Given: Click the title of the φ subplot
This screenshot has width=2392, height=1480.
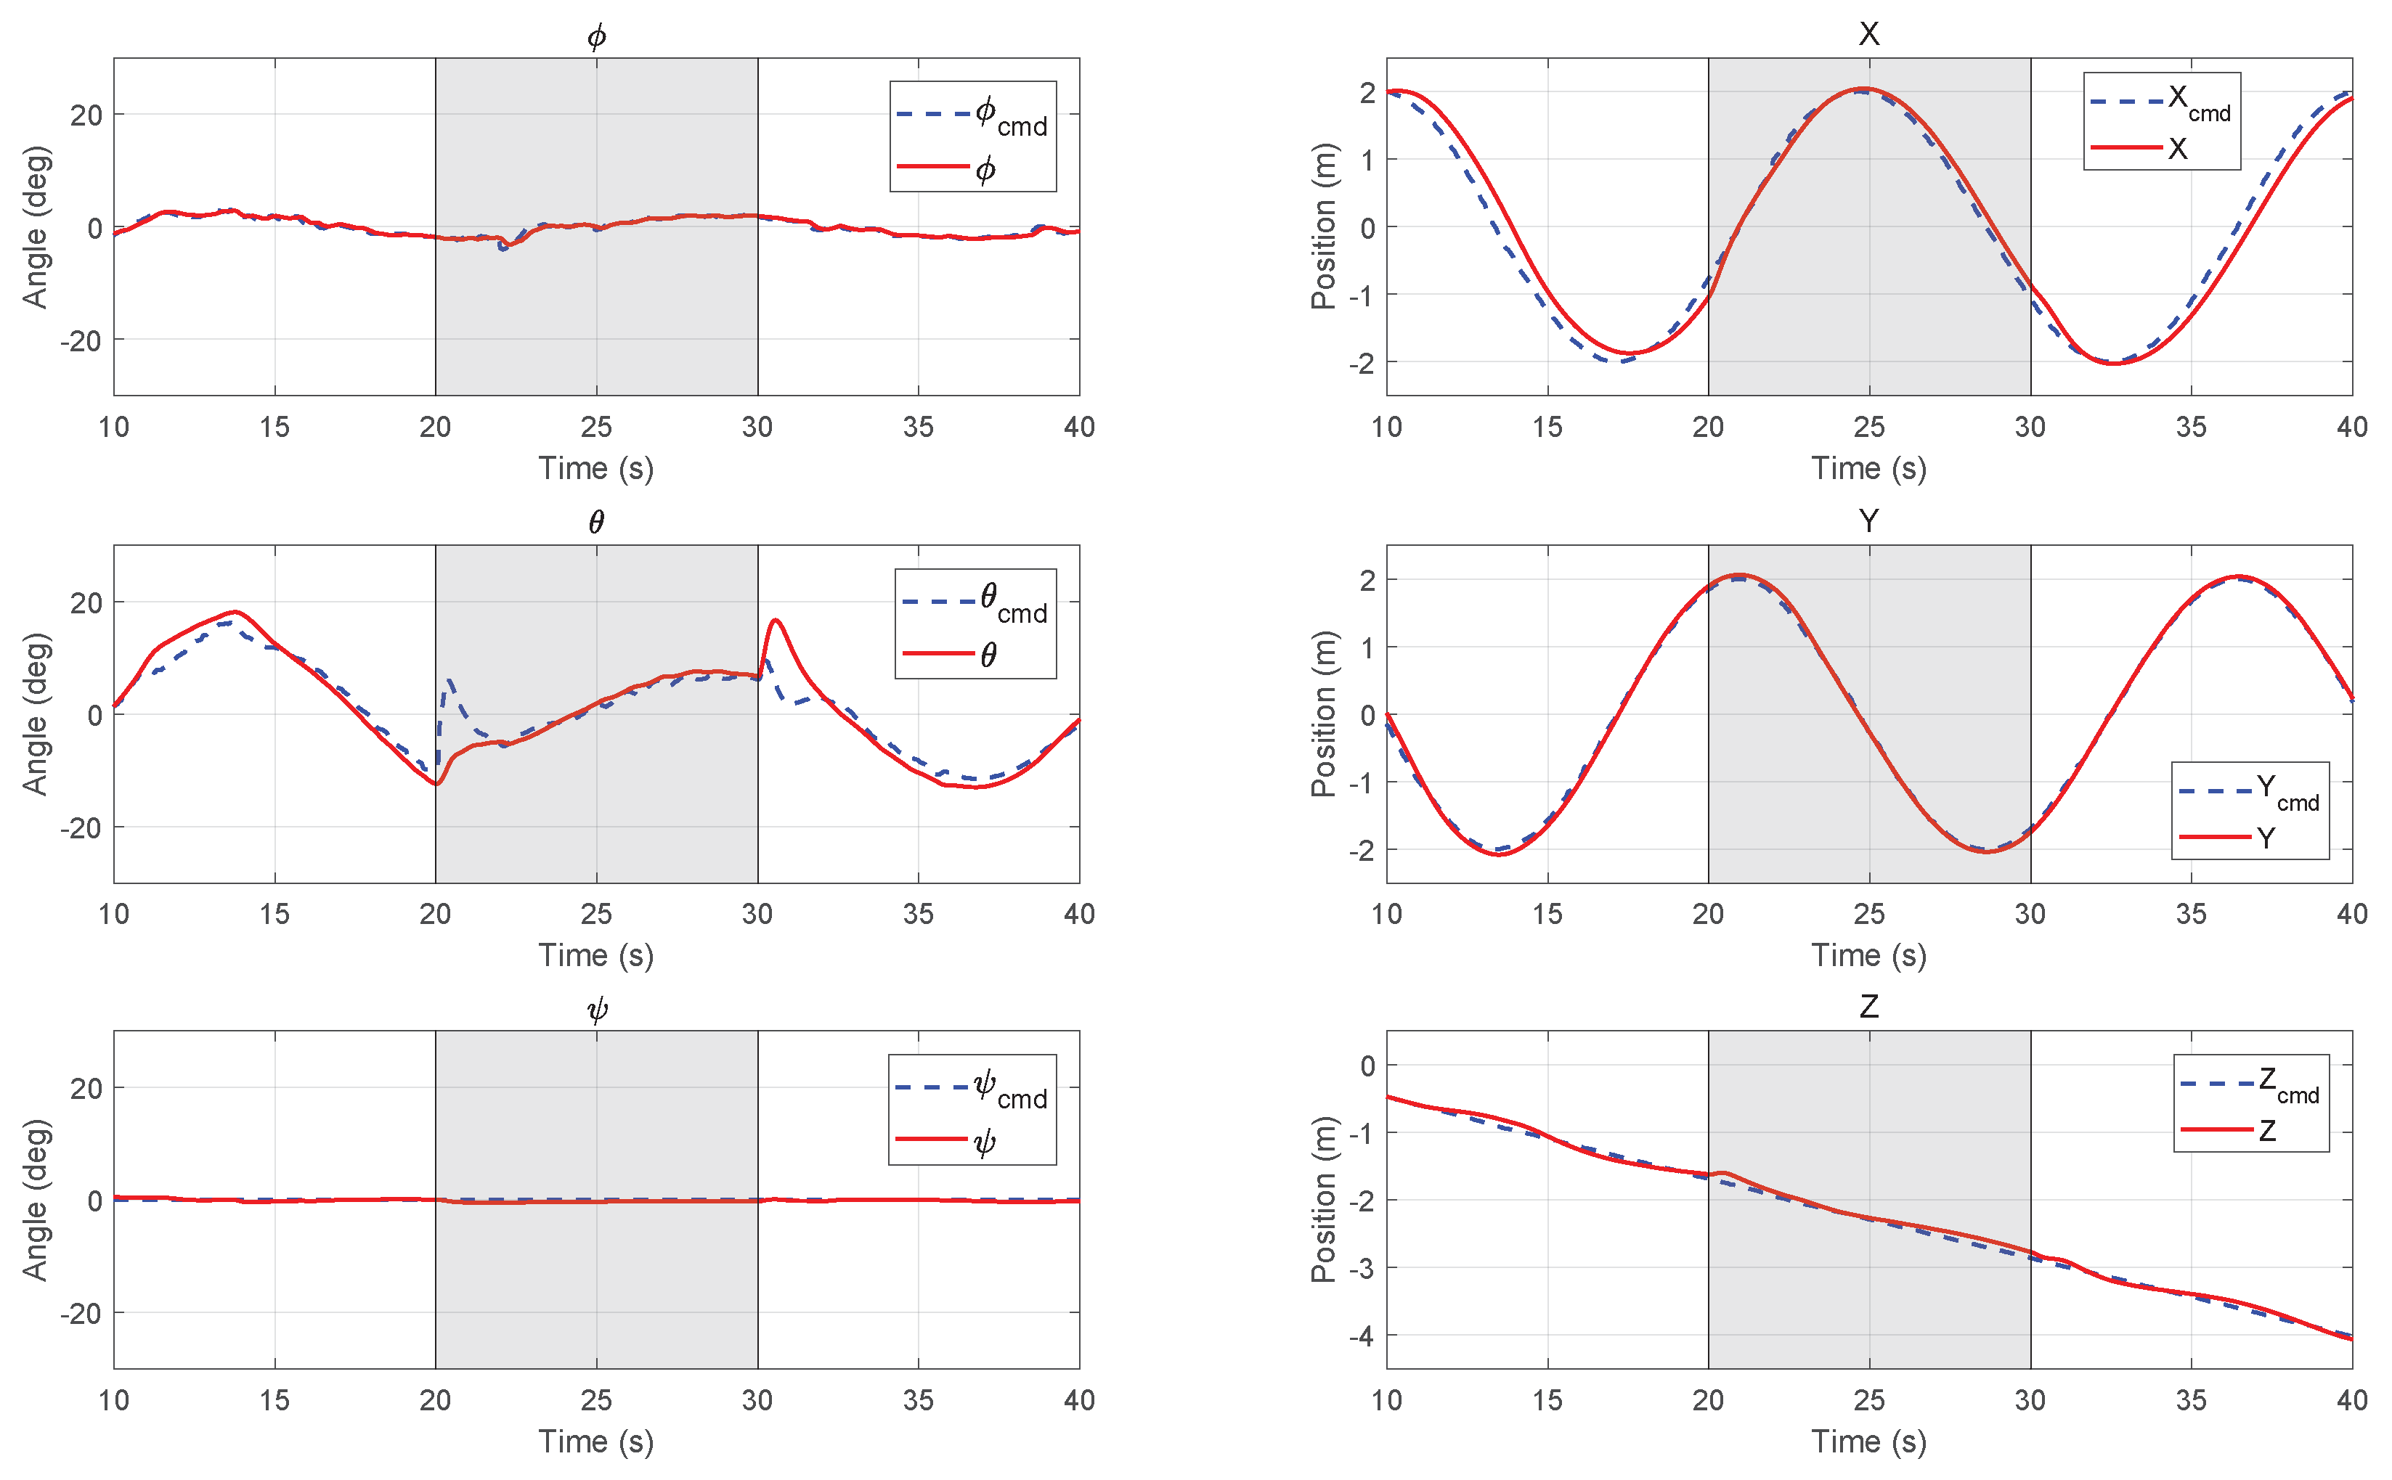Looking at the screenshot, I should pos(596,36).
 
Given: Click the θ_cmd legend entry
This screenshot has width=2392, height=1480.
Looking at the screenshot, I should pos(975,601).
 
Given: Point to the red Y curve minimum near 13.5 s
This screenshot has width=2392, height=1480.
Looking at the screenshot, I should pos(1499,854).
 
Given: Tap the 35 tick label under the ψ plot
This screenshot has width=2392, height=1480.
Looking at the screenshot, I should pos(917,1399).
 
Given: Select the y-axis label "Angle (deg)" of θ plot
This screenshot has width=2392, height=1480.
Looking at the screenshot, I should pos(36,714).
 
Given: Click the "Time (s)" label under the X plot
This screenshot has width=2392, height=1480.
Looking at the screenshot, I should pos(1868,468).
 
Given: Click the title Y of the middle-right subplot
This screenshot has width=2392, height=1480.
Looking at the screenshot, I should pos(1868,520).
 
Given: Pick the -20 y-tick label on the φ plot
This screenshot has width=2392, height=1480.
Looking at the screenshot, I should pos(81,340).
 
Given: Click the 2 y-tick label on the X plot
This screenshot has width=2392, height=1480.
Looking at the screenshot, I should pos(1367,92).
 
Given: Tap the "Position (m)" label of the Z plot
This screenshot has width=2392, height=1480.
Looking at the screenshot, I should pos(1323,1199).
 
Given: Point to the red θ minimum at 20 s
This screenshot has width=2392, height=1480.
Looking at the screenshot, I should pos(436,784).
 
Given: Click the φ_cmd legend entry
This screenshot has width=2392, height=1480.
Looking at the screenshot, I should pos(972,115).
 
